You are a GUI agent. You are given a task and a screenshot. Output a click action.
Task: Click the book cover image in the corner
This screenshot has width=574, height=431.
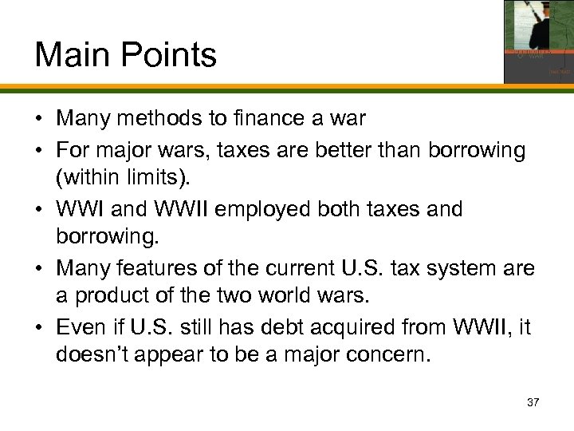tap(538, 42)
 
